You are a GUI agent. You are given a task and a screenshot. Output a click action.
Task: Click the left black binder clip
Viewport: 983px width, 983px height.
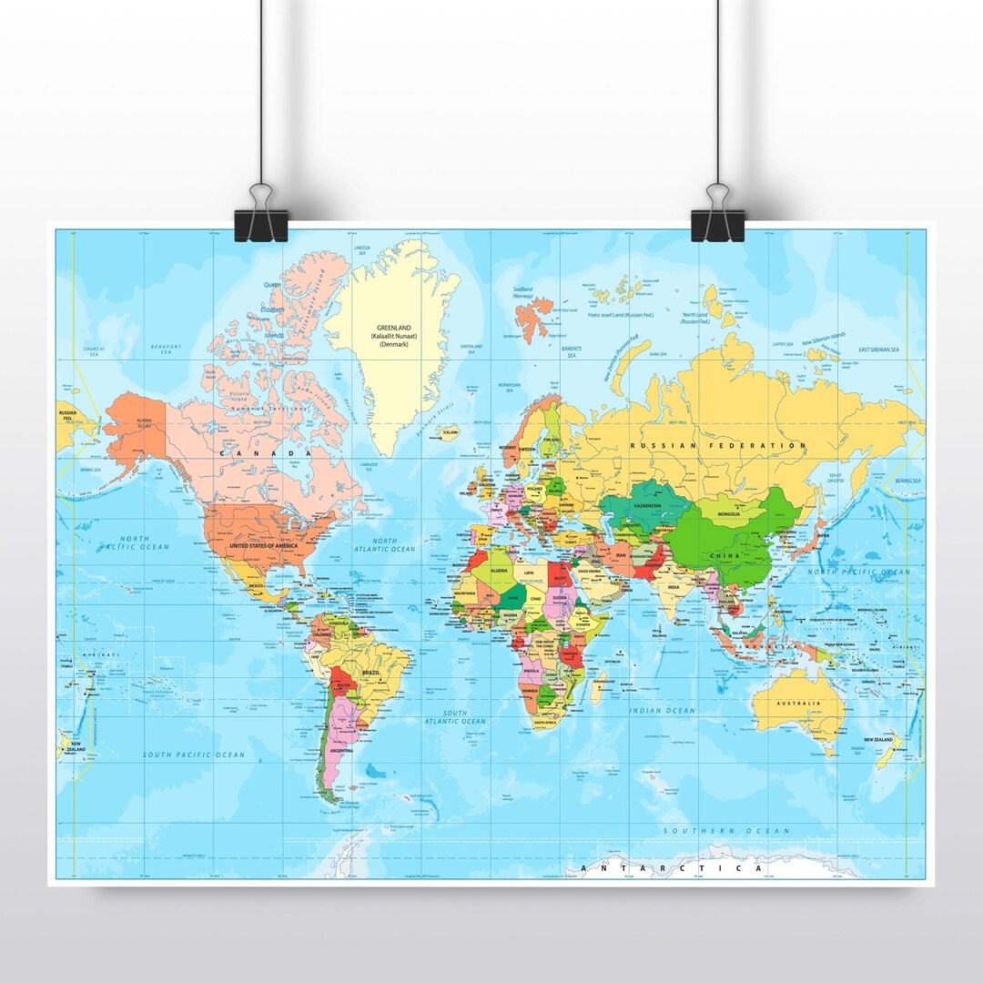point(260,224)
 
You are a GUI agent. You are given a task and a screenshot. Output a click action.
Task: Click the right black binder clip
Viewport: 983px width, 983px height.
point(717,224)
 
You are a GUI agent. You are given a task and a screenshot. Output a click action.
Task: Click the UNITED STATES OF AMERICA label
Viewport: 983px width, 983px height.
point(264,545)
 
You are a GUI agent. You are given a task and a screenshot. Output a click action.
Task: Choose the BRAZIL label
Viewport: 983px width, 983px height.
point(371,672)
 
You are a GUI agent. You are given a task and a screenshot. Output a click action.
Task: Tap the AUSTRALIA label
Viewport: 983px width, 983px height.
point(798,703)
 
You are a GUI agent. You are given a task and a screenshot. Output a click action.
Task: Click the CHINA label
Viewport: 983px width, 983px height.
point(725,555)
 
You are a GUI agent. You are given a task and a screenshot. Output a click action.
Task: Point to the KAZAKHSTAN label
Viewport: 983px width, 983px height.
point(647,505)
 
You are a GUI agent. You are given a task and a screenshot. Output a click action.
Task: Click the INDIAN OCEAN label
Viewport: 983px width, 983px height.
point(662,711)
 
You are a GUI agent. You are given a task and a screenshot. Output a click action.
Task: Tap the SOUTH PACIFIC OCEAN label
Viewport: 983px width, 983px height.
point(194,755)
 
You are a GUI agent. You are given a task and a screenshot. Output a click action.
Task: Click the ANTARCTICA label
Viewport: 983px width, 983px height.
point(672,868)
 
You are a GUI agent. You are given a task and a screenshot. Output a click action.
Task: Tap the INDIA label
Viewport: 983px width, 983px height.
point(673,588)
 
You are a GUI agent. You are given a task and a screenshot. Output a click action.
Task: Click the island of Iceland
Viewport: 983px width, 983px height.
point(449,433)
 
